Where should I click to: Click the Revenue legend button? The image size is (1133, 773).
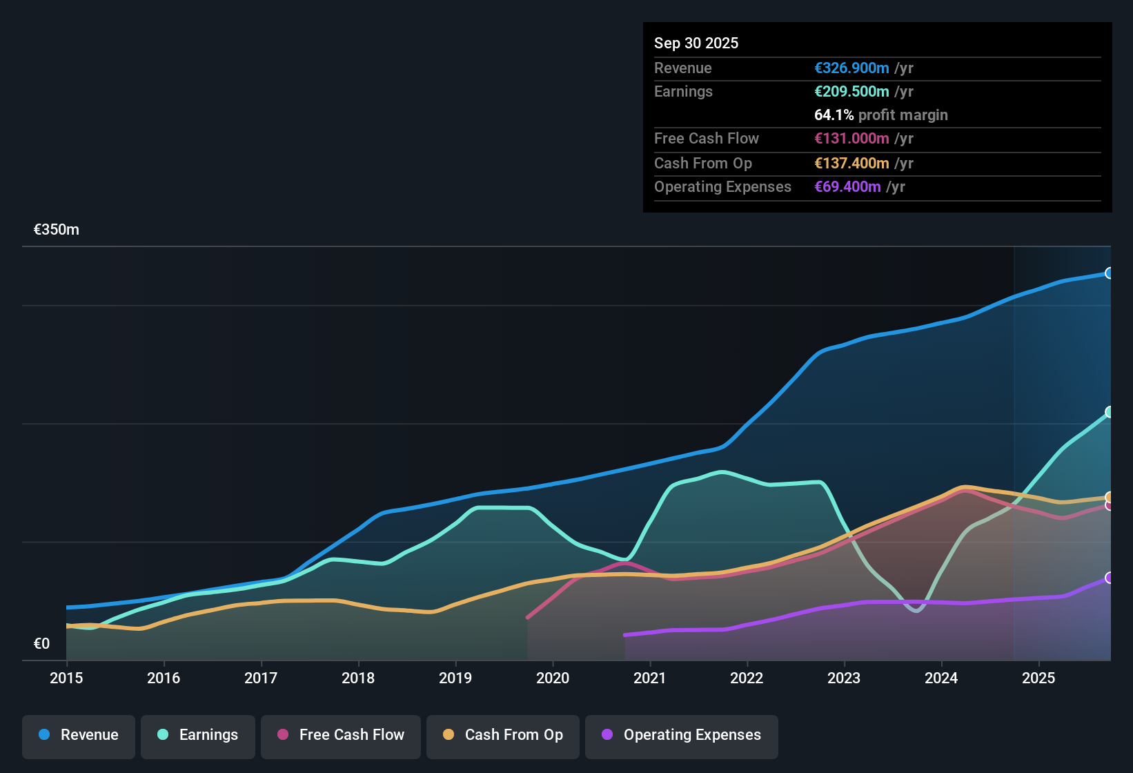click(79, 735)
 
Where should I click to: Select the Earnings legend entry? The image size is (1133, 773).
click(198, 735)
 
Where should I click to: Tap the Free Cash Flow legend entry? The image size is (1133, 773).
click(341, 735)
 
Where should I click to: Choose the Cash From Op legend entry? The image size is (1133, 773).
click(503, 735)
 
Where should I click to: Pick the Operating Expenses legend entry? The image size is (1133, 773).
click(682, 735)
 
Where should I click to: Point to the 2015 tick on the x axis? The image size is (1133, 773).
click(66, 678)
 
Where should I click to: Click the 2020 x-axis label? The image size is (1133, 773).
click(553, 678)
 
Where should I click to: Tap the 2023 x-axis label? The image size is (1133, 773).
click(844, 678)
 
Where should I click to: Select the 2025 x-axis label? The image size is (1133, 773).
click(1038, 678)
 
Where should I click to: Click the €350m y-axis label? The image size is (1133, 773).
click(57, 230)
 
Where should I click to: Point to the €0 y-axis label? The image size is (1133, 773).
click(42, 644)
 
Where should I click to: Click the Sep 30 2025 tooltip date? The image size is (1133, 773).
click(696, 43)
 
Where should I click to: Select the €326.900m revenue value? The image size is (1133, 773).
click(851, 68)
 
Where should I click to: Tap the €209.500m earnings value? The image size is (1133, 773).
click(851, 91)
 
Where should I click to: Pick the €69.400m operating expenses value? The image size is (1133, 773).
click(847, 186)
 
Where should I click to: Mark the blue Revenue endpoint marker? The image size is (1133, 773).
click(1109, 273)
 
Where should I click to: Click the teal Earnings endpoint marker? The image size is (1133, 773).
click(1109, 412)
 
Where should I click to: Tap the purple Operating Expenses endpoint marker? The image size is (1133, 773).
click(1109, 578)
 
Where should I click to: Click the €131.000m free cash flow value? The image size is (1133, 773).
click(851, 138)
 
